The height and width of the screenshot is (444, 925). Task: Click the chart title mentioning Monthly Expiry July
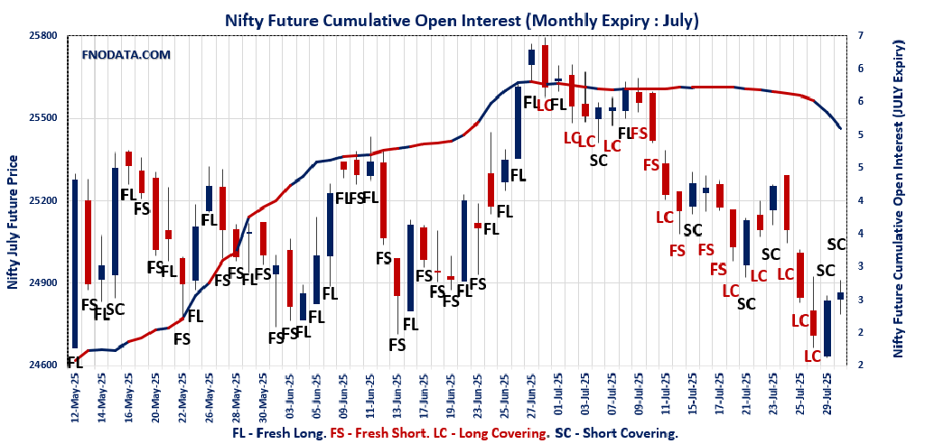coord(462,19)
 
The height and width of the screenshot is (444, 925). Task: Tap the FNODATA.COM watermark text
coord(126,55)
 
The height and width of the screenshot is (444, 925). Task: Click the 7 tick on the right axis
coord(860,35)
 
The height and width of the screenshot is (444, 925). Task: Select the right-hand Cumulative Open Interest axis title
coord(898,199)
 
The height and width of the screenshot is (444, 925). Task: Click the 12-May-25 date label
coord(74,397)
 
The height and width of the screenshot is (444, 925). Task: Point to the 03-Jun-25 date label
coord(290,397)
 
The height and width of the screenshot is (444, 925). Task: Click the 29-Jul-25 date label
coord(827,397)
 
